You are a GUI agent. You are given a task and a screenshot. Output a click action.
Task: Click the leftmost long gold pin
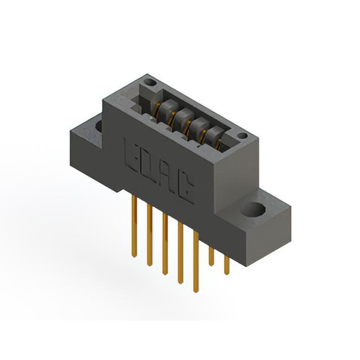(134, 226)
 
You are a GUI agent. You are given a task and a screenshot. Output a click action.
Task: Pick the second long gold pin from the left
(150, 235)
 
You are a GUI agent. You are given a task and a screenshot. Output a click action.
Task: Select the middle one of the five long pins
(165, 244)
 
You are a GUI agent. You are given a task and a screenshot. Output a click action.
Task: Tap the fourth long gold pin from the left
(181, 253)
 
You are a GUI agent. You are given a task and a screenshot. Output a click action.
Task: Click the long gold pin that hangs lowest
(196, 262)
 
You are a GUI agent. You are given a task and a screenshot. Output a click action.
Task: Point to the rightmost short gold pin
(227, 265)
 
